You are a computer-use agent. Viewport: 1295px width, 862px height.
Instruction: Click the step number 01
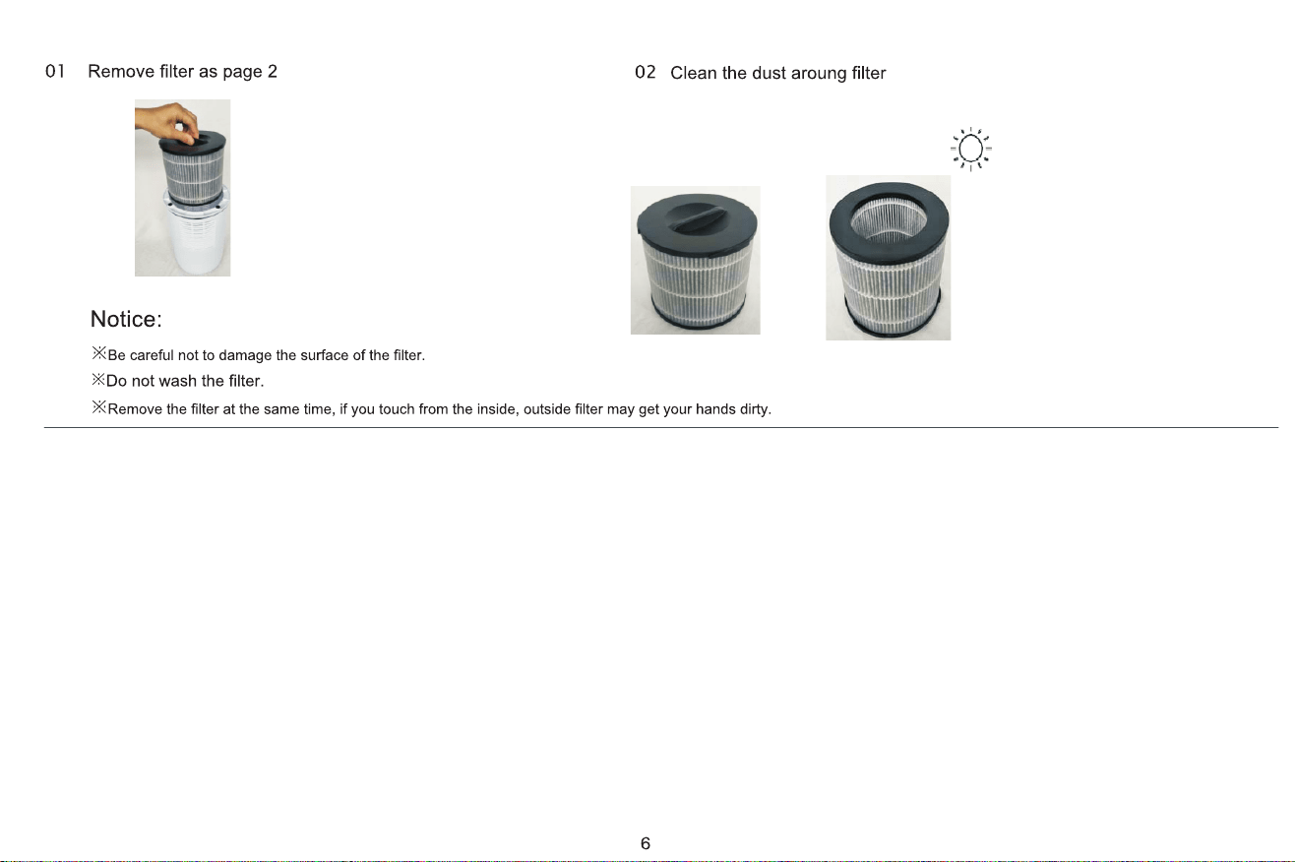[55, 71]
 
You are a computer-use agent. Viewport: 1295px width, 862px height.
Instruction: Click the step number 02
[646, 72]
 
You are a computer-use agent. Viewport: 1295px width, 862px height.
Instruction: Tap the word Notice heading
[126, 319]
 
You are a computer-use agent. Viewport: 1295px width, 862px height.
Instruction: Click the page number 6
[646, 843]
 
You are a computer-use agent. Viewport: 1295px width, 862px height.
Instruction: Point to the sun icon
[970, 150]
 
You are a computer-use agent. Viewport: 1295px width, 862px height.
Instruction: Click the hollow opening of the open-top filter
[889, 219]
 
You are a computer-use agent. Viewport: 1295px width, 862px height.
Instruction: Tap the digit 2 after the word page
[273, 71]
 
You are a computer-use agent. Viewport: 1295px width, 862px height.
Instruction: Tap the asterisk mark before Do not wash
[98, 380]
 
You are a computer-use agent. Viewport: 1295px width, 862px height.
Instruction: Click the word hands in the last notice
[715, 408]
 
